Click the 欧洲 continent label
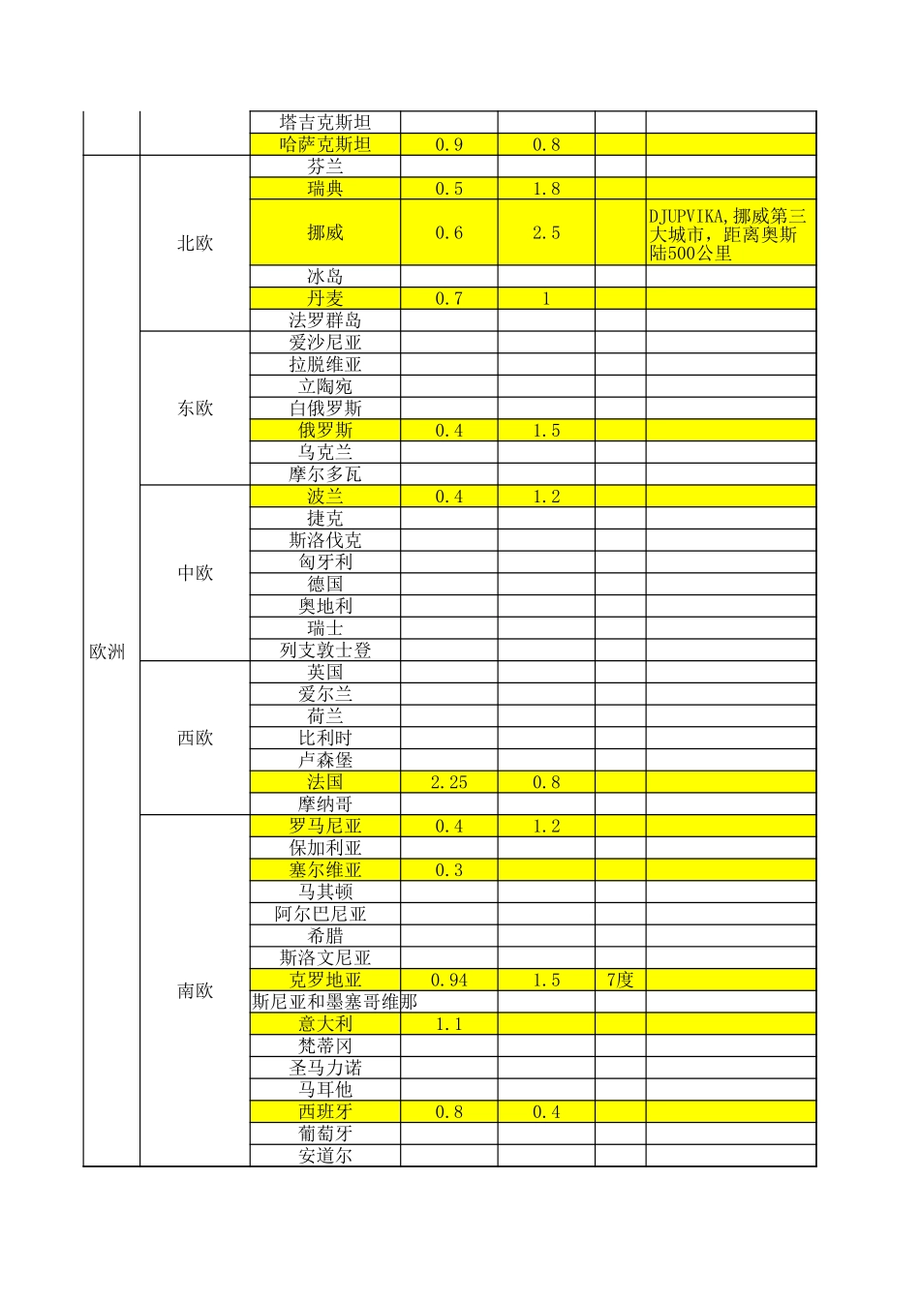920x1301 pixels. [107, 652]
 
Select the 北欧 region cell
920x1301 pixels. [195, 244]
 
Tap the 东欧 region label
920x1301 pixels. [195, 408]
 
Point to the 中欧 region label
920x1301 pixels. [195, 573]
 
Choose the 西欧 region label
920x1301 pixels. [195, 739]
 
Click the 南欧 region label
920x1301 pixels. [195, 991]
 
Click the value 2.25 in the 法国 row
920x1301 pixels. [448, 782]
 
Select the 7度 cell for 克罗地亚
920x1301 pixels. [620, 980]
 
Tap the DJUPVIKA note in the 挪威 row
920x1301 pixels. [728, 234]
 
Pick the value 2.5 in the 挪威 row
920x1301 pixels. [546, 233]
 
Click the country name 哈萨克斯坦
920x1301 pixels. [325, 145]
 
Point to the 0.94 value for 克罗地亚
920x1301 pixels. [448, 980]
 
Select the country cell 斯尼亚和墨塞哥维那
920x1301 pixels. [334, 1002]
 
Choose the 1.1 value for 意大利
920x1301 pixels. [448, 1024]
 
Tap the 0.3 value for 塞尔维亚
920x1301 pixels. [448, 870]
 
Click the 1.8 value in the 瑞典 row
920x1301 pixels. [546, 189]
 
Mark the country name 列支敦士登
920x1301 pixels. [325, 650]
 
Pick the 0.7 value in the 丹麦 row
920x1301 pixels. [448, 299]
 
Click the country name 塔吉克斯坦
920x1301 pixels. [325, 122]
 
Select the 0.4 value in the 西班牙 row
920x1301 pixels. [546, 1112]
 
